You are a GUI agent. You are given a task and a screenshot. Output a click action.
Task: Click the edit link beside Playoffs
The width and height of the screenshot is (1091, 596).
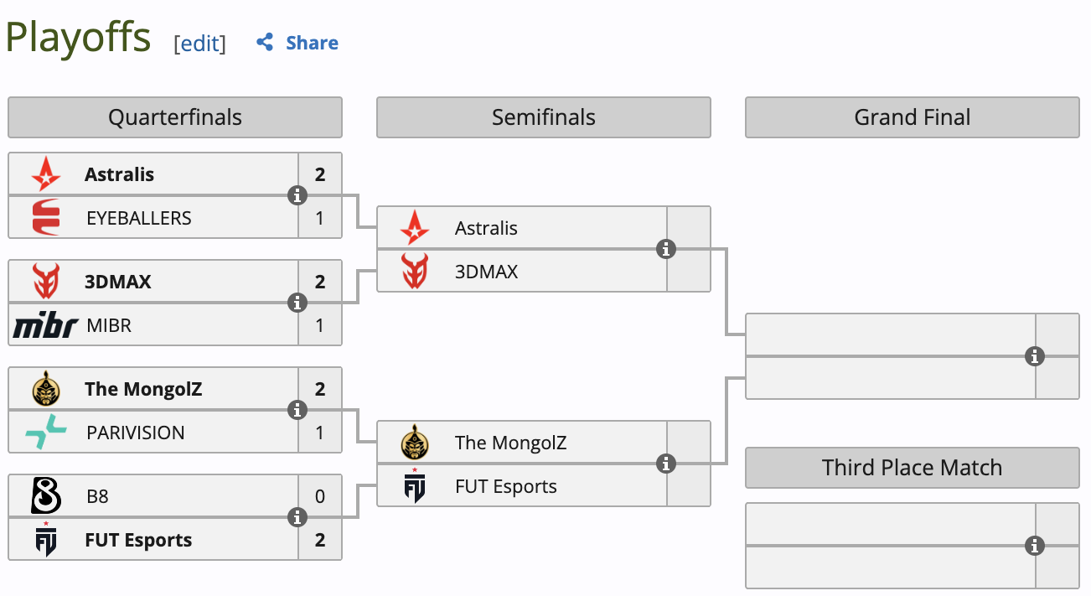199,44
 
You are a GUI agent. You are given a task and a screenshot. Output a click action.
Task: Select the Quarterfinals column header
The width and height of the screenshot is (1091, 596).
174,117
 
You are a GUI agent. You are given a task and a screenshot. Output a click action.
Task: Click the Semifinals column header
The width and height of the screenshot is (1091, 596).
543,117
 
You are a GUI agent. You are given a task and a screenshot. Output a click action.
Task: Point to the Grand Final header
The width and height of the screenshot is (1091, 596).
912,117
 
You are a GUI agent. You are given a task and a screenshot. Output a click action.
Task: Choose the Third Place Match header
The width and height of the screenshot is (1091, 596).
912,468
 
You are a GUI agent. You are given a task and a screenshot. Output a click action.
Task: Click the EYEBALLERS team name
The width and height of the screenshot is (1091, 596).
139,218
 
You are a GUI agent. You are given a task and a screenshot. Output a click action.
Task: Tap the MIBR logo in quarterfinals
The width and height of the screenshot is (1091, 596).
45,325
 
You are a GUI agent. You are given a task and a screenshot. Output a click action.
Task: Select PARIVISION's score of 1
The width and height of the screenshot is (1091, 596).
320,433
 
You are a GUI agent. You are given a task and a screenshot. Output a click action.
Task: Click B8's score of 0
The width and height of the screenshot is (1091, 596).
320,496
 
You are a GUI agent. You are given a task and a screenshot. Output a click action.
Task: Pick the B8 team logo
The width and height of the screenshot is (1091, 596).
45,496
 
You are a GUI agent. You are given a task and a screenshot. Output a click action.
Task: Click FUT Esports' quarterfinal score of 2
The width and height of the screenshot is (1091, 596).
320,540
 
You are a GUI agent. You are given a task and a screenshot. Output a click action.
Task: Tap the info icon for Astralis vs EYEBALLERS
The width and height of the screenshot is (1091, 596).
297,195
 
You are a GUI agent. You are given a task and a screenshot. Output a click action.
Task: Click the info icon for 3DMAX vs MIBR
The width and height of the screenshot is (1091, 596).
297,303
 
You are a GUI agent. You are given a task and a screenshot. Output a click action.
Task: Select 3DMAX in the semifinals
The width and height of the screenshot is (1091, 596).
487,272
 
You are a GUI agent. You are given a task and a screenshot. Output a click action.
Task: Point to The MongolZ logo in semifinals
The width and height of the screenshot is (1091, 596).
414,443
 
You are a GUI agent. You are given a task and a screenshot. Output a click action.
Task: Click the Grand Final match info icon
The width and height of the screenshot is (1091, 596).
1036,356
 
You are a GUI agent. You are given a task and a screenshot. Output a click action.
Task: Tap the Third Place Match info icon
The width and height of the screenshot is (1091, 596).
1036,546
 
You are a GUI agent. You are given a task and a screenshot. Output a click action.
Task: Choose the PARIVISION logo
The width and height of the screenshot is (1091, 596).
45,433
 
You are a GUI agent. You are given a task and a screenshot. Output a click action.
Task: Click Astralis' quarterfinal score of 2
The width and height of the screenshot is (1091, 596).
320,174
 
